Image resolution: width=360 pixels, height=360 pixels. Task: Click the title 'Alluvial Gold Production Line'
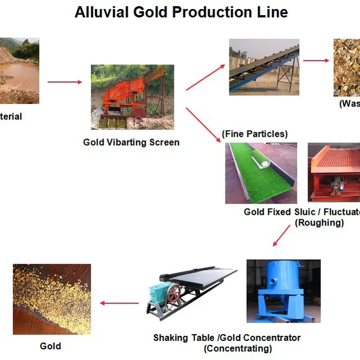click(181, 12)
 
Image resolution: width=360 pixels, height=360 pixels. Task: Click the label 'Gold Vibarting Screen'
click(131, 142)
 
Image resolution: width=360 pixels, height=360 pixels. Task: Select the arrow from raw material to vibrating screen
click(64, 82)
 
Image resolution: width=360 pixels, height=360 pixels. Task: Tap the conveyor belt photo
click(263, 66)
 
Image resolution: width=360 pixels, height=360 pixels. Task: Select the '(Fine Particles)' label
click(255, 134)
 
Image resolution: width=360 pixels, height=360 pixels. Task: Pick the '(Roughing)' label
click(319, 222)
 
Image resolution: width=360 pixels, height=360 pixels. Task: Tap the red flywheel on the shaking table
click(174, 293)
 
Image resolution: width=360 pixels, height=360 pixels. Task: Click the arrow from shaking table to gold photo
click(119, 303)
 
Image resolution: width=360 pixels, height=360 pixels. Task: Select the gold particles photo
click(51, 299)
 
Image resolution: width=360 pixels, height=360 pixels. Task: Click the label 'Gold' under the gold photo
click(51, 346)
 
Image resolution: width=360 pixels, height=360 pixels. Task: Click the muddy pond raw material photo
click(18, 71)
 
